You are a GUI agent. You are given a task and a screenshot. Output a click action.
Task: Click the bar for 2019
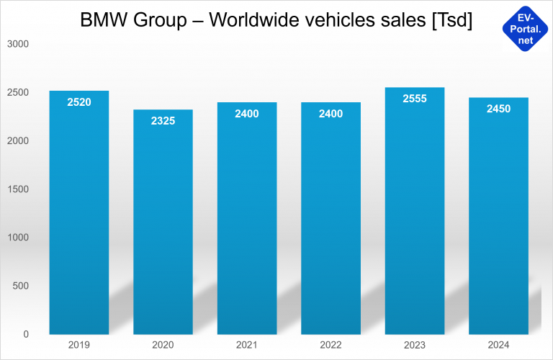[79, 216]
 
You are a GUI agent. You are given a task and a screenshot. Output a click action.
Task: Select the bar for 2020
[163, 223]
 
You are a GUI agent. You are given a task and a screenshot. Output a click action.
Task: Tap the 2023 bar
[415, 216]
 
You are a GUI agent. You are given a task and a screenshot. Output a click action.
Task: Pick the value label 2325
[163, 121]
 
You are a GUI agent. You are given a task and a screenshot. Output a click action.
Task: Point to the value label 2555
[415, 99]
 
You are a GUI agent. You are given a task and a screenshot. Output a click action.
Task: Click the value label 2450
[498, 109]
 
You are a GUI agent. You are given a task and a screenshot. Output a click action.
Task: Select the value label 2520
[79, 102]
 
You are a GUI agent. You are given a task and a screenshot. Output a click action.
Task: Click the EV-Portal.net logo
[525, 27]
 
